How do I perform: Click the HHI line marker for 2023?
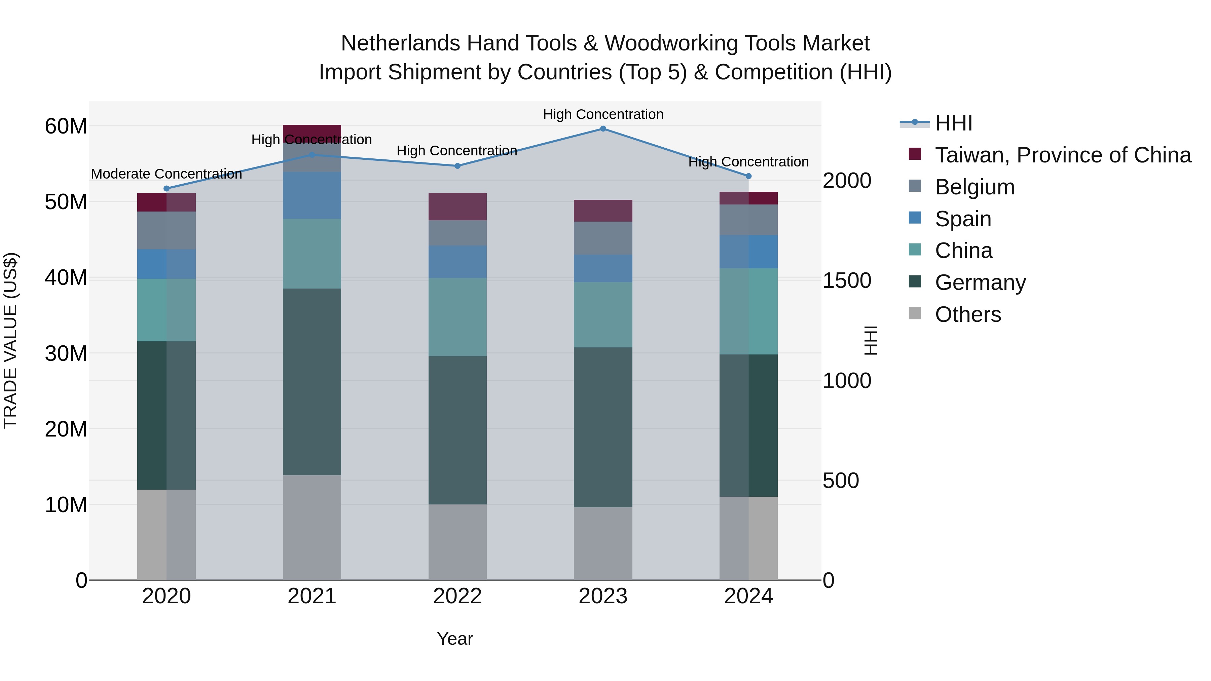point(603,129)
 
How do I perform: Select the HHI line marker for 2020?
point(167,188)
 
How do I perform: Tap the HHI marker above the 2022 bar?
point(457,166)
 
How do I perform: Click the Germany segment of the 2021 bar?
point(312,382)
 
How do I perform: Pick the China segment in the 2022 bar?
point(457,317)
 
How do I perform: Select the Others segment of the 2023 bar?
point(603,543)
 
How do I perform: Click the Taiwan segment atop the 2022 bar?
point(457,207)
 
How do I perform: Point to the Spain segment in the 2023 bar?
point(603,268)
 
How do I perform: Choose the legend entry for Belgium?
point(975,187)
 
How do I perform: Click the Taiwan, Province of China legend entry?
point(1062,155)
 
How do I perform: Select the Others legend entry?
point(967,314)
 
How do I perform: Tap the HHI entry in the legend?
point(953,123)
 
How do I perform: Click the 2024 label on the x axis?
point(748,596)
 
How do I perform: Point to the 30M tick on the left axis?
point(66,353)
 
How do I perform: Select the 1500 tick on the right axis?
point(847,280)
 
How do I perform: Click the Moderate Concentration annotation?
point(167,174)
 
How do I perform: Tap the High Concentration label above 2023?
point(603,114)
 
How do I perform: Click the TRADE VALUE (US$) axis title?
point(10,340)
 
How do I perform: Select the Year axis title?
point(454,639)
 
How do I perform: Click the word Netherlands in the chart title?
point(400,43)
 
